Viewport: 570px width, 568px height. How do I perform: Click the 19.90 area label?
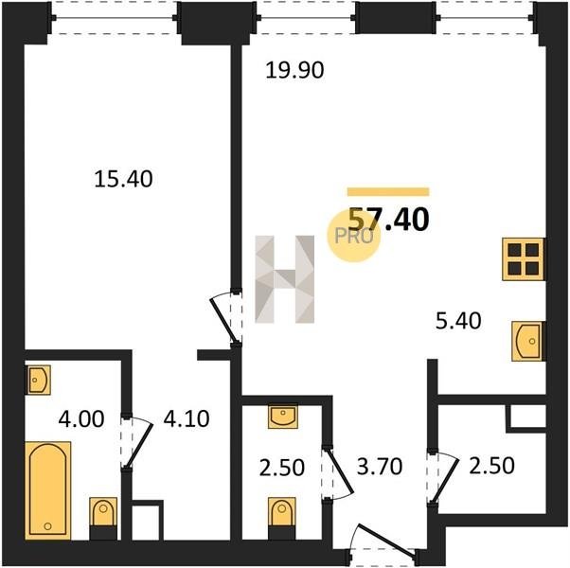coord(294,70)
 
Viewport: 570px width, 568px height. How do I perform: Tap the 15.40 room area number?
coord(123,179)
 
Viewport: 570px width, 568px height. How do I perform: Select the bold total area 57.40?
coord(389,219)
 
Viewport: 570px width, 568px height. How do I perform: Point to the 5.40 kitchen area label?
coord(458,321)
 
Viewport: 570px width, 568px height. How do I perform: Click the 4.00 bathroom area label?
coord(81,418)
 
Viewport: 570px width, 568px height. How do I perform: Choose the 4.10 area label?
coord(187,418)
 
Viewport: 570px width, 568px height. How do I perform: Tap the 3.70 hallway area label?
coord(380,467)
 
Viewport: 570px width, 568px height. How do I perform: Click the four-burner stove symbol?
coord(523,259)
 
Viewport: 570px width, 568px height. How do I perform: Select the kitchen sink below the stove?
coord(527,341)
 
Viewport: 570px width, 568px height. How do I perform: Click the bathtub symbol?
coord(48,490)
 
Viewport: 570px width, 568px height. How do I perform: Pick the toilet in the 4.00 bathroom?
coord(103,518)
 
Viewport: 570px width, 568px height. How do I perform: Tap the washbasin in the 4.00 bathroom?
coord(38,381)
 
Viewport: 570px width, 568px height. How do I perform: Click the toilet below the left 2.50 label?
coord(282,518)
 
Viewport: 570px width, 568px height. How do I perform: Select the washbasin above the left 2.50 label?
coord(283,417)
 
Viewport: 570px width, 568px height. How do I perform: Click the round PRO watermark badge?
coord(354,237)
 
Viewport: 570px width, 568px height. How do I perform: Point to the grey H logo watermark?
coord(285,279)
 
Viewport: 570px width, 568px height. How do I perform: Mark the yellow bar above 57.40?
coord(388,191)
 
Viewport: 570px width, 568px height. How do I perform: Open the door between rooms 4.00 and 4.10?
coord(138,443)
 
